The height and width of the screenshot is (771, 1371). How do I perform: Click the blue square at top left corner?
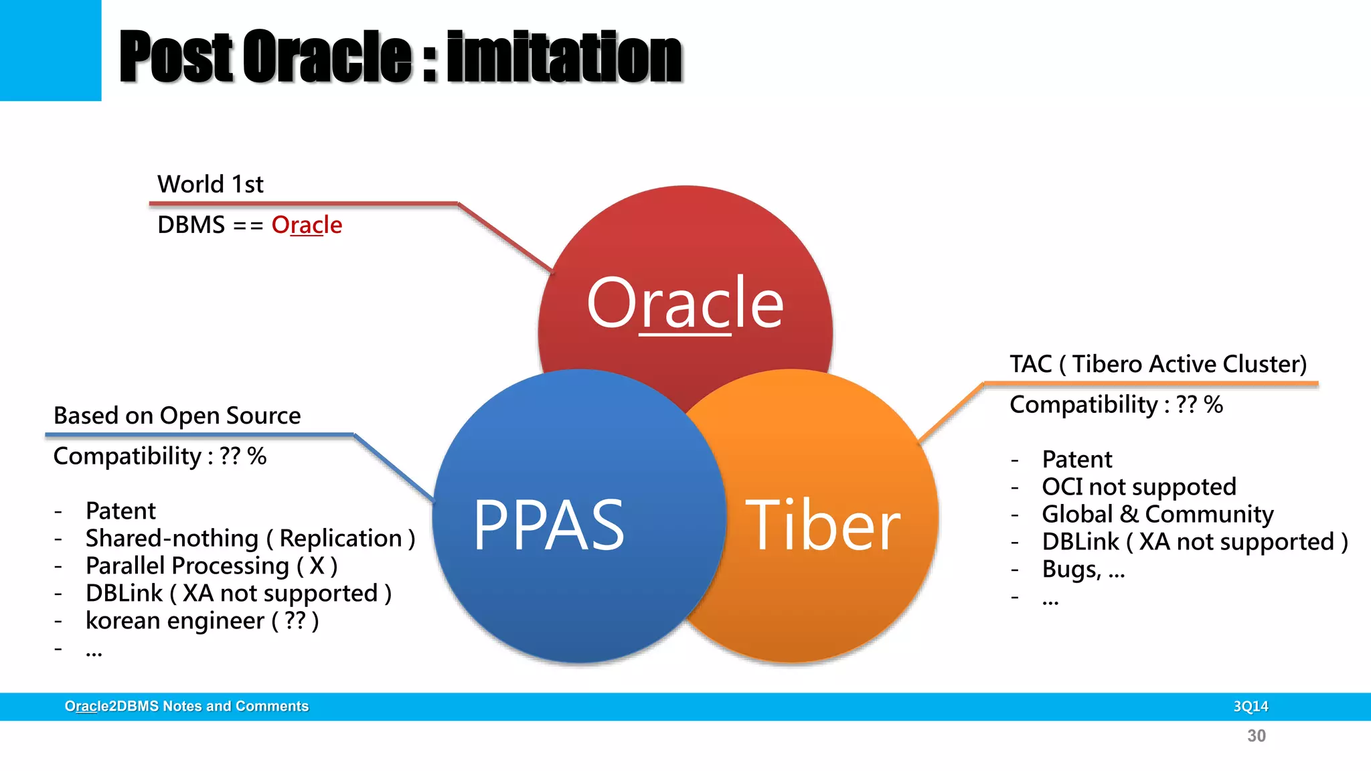50,50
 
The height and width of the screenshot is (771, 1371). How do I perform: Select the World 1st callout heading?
210,184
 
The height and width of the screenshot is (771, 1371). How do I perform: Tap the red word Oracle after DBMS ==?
307,225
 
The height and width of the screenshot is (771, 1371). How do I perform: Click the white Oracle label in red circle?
685,303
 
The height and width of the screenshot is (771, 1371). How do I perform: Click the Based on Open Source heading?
177,416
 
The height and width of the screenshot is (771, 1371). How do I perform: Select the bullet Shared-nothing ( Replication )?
250,538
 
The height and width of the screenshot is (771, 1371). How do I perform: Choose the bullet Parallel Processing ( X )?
211,566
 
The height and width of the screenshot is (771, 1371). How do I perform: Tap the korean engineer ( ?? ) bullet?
201,620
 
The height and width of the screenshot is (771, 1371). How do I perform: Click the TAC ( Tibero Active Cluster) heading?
1157,364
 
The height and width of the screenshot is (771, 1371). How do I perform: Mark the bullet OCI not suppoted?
1139,487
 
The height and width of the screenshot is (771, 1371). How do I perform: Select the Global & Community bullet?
1157,514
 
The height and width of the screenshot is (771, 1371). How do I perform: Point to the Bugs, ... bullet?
1083,569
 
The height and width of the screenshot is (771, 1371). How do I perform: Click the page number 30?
1256,736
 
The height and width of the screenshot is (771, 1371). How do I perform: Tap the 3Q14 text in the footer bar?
1251,706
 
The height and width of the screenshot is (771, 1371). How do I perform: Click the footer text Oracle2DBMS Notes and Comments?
186,706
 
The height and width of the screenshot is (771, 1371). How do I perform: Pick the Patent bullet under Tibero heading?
1076,459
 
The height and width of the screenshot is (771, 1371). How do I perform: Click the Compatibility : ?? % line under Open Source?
159,456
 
